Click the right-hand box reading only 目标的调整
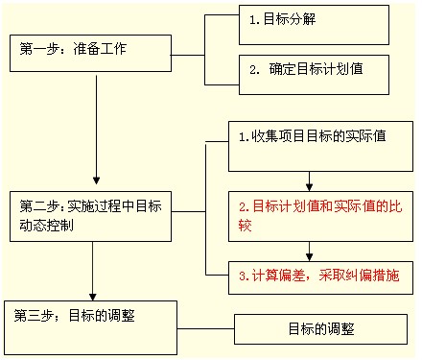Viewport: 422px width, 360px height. click(321, 328)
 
